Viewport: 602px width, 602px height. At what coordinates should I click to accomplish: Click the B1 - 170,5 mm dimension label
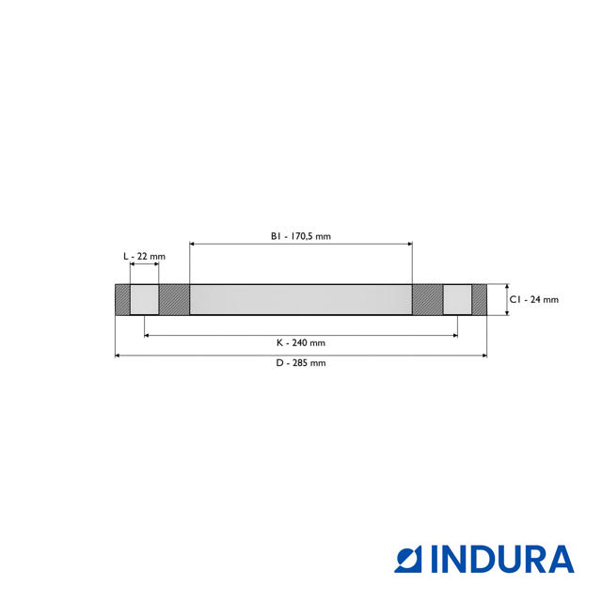(301, 236)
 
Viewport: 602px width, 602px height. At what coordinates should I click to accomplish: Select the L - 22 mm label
(144, 257)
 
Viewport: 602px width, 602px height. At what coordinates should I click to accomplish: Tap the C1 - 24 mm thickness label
(534, 299)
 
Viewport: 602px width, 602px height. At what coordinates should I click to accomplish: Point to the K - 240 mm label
(301, 342)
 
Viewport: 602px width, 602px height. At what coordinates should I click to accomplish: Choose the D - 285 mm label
(301, 363)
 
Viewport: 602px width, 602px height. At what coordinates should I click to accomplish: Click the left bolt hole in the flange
(144, 299)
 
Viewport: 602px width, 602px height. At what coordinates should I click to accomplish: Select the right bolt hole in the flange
(457, 299)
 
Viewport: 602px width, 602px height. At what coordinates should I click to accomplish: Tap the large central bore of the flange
(301, 299)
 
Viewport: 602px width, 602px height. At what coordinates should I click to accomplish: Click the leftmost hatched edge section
(123, 299)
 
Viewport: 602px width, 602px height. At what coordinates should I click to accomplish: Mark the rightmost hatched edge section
(479, 299)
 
